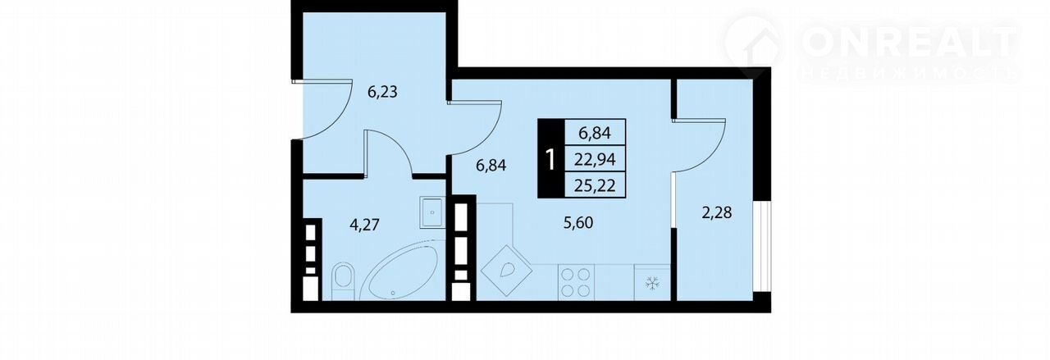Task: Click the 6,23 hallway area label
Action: (x=382, y=92)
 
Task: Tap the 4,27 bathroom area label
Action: (x=364, y=225)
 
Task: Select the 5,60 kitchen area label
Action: (x=578, y=223)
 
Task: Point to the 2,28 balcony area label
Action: (x=717, y=213)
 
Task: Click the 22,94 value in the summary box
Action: (x=596, y=160)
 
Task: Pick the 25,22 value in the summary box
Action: (x=596, y=185)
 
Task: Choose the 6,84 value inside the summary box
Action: (x=595, y=133)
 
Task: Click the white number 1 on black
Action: (x=551, y=160)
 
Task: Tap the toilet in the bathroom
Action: (x=344, y=282)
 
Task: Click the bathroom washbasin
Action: (x=431, y=212)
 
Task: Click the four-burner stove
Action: (x=576, y=282)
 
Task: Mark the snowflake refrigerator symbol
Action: (x=652, y=282)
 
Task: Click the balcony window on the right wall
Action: (x=762, y=247)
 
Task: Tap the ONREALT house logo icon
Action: (x=754, y=48)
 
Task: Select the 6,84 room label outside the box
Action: (x=491, y=166)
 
